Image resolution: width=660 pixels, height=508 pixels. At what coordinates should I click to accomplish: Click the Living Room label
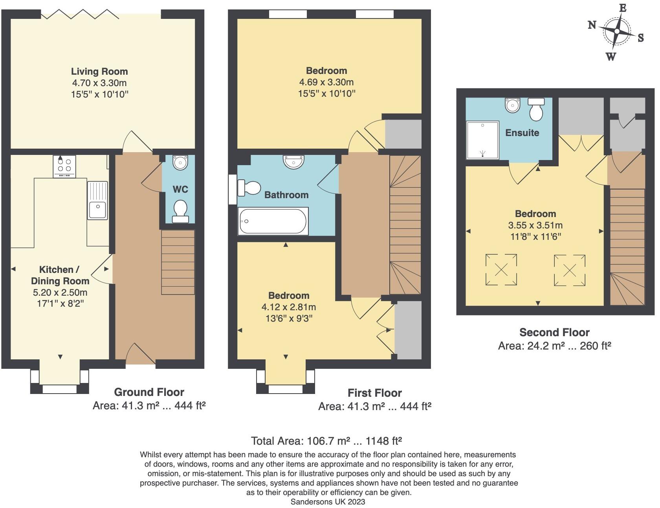tap(99, 72)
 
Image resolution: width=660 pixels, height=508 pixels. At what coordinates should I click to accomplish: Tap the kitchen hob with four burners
tap(64, 166)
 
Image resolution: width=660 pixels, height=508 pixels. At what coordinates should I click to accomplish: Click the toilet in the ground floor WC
tap(180, 211)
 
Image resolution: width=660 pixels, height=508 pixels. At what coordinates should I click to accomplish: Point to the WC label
tap(180, 190)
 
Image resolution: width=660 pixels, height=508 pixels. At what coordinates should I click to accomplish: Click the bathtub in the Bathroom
tap(273, 221)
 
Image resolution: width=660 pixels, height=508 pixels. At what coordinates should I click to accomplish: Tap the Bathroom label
tap(286, 195)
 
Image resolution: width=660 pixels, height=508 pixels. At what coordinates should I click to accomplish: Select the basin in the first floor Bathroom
tap(293, 161)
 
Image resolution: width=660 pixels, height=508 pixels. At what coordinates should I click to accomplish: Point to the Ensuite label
tap(522, 133)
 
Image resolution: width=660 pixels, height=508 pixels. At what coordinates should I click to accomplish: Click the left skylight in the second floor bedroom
tap(501, 270)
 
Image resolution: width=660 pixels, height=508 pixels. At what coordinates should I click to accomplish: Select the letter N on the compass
tap(592, 25)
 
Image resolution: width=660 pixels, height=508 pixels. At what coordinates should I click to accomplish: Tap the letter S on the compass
tap(641, 38)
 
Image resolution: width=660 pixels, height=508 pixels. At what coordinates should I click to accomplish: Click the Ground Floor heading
tap(149, 392)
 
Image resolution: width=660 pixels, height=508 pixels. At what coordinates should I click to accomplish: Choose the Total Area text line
tap(326, 441)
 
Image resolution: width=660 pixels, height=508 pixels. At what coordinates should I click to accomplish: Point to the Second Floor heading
tap(554, 333)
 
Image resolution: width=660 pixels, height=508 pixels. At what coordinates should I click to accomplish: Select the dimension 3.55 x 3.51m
tap(535, 225)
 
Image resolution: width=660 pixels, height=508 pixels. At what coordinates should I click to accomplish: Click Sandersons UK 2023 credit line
tap(328, 502)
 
